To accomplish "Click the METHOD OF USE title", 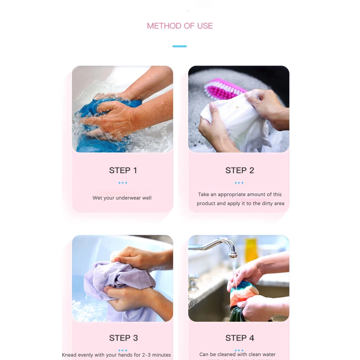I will click(180, 26).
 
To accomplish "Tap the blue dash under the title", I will click(179, 46).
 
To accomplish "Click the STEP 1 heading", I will click(123, 171).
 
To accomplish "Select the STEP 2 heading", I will click(239, 171).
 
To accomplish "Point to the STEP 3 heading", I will click(123, 338).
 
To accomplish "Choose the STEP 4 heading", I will click(239, 338).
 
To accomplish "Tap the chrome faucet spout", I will click(230, 247).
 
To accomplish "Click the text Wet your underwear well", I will click(122, 198).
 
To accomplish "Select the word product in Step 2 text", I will click(206, 204).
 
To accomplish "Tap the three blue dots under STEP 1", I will click(123, 183).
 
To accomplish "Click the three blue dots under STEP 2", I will click(239, 183).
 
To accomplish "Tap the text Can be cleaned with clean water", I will click(237, 354).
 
